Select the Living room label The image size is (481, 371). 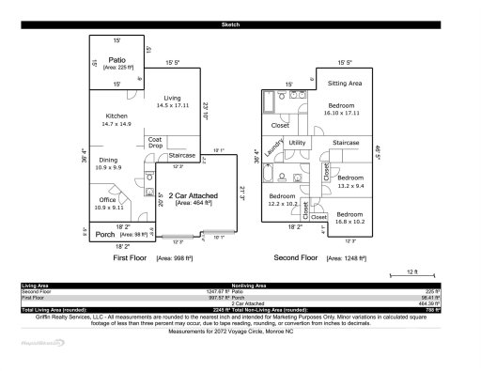172,98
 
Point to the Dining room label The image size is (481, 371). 110,161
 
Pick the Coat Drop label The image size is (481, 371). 155,143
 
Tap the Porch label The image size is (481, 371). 104,235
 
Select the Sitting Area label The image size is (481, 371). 343,83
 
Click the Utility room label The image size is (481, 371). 298,143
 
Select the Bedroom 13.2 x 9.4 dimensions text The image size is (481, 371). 350,185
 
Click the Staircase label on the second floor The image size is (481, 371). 347,143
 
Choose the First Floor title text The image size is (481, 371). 132,256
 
